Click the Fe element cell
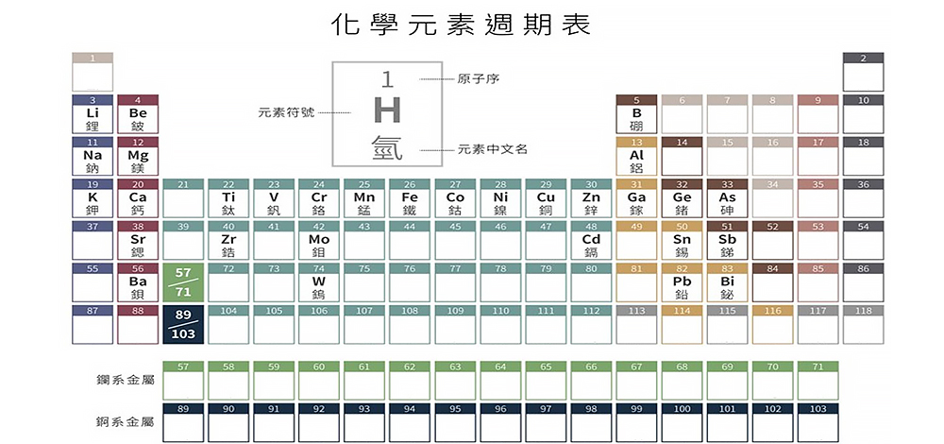click(x=410, y=201)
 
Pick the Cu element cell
click(x=546, y=201)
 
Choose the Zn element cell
click(x=591, y=201)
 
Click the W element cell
click(x=319, y=285)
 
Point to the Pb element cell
click(x=682, y=285)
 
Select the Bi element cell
click(x=727, y=285)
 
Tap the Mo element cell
click(x=319, y=244)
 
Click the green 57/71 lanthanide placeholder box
click(x=183, y=282)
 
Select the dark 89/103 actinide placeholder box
click(x=183, y=324)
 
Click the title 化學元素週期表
click(x=462, y=25)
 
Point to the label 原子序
click(x=478, y=78)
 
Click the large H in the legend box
click(x=387, y=111)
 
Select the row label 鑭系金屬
click(x=126, y=380)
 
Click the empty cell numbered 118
click(x=863, y=324)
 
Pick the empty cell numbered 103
click(x=818, y=421)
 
